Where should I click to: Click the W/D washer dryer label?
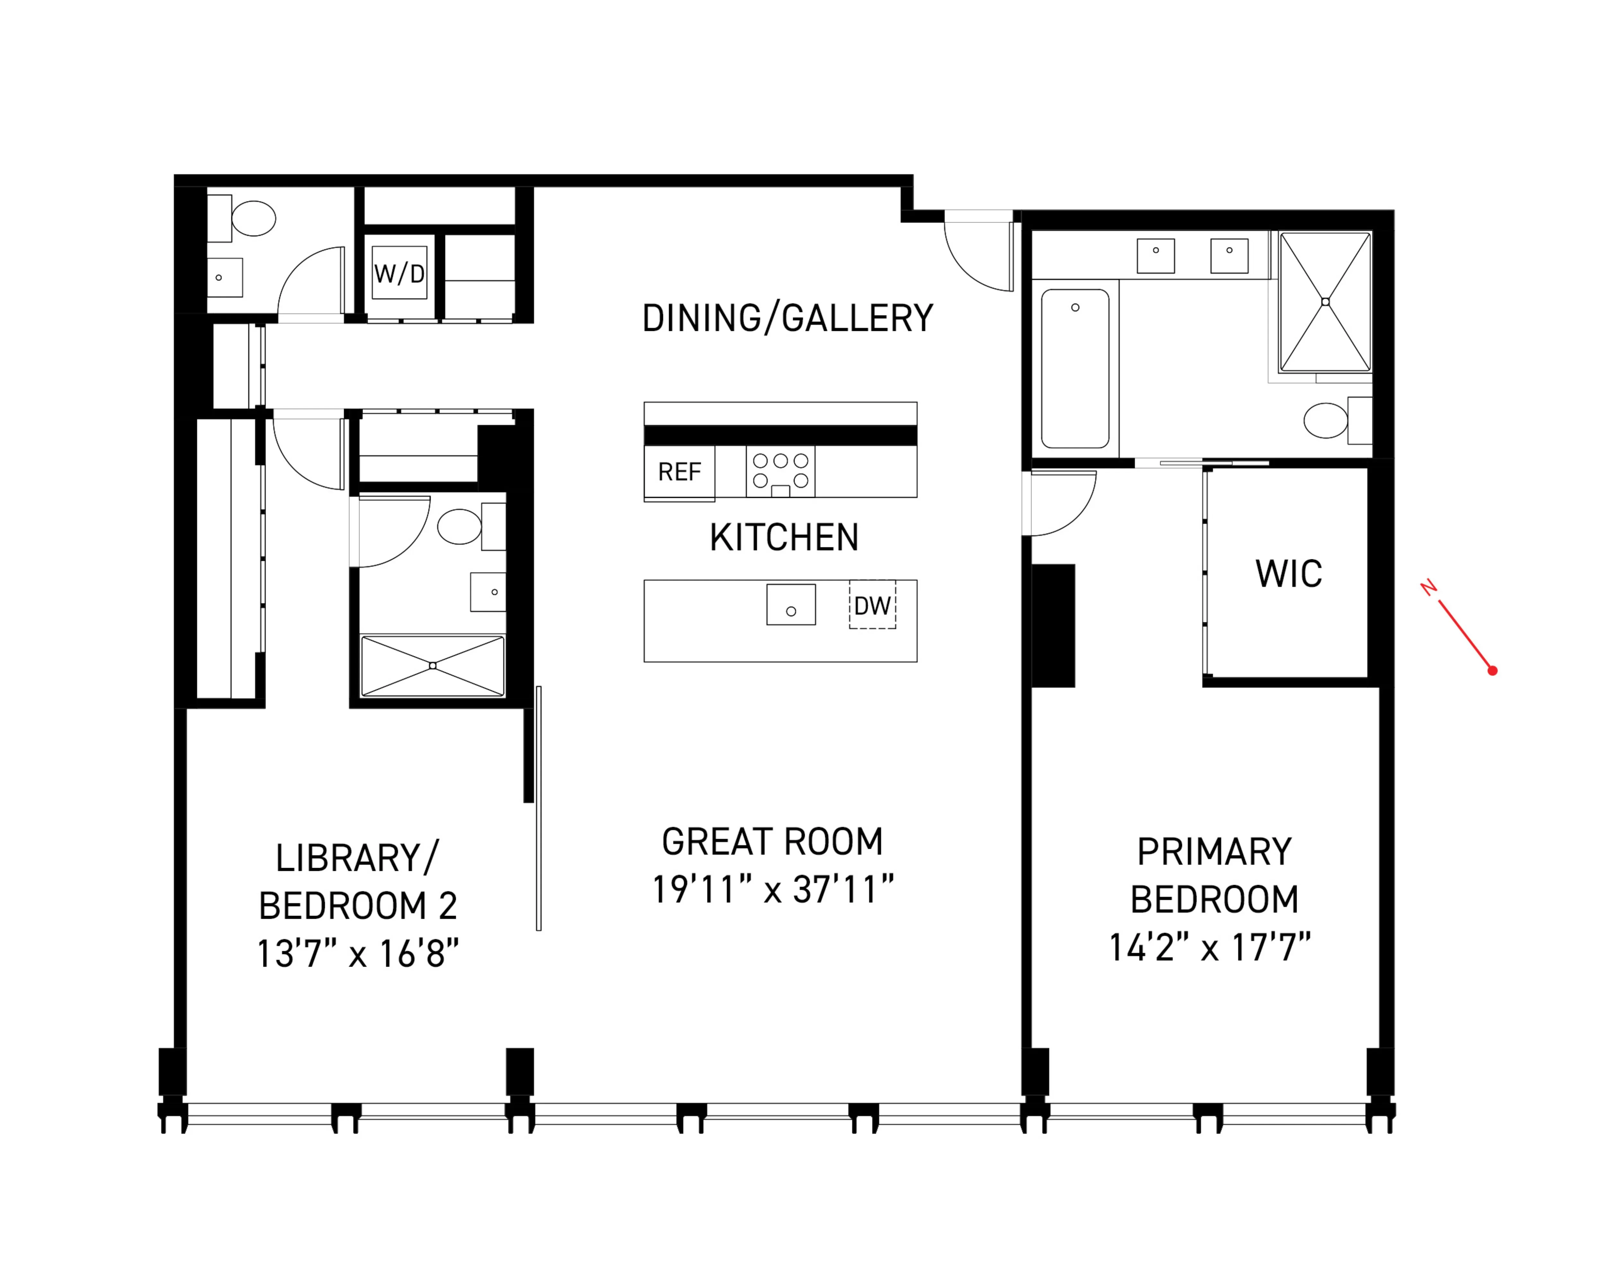pyautogui.click(x=399, y=273)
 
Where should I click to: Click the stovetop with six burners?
pyautogui.click(x=780, y=471)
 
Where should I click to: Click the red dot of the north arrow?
pyautogui.click(x=1492, y=670)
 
